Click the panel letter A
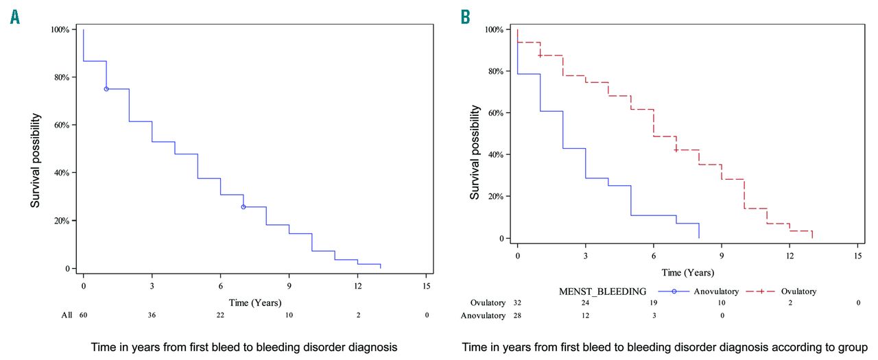[x=14, y=17]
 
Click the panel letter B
[x=466, y=17]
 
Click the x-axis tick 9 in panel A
[x=289, y=285]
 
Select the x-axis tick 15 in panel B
[x=857, y=254]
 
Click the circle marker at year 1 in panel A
[x=106, y=89]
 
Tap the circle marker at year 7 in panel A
[x=244, y=207]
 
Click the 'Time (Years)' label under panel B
[x=687, y=272]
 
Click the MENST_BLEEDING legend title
[x=604, y=291]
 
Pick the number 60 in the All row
[x=84, y=315]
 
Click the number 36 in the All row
[x=152, y=315]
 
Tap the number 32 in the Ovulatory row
[x=517, y=302]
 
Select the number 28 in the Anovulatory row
[x=517, y=315]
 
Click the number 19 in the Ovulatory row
[x=653, y=302]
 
